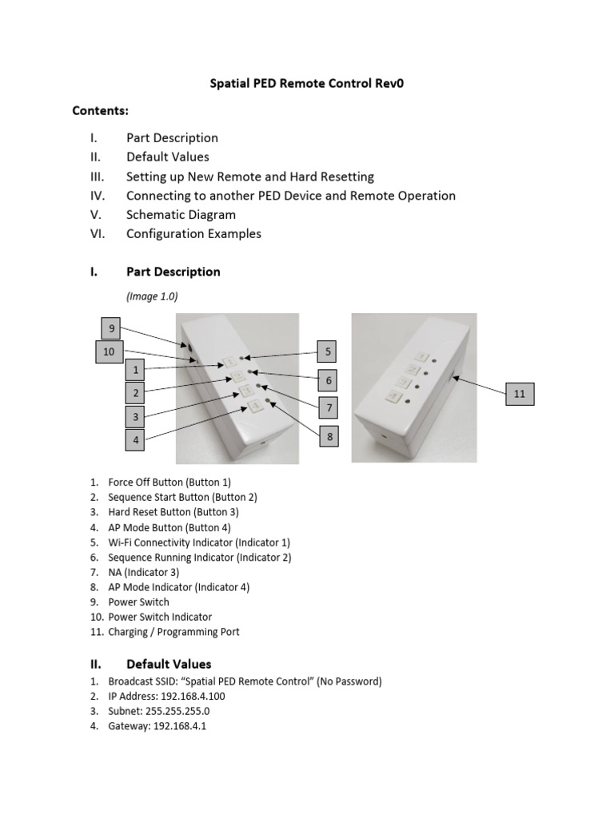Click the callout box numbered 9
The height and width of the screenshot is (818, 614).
click(111, 328)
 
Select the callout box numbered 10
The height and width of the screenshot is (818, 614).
click(109, 351)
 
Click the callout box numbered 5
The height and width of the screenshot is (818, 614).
click(328, 351)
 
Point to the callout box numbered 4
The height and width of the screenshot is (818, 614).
click(137, 440)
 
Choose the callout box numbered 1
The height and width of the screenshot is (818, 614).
click(137, 370)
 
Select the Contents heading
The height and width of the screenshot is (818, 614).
click(101, 110)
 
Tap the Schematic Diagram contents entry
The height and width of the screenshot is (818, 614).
click(181, 215)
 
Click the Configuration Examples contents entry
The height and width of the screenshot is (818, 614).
click(193, 234)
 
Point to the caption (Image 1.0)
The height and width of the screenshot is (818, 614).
click(152, 296)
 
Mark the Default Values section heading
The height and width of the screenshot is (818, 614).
click(169, 664)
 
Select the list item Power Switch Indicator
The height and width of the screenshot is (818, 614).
click(161, 617)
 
